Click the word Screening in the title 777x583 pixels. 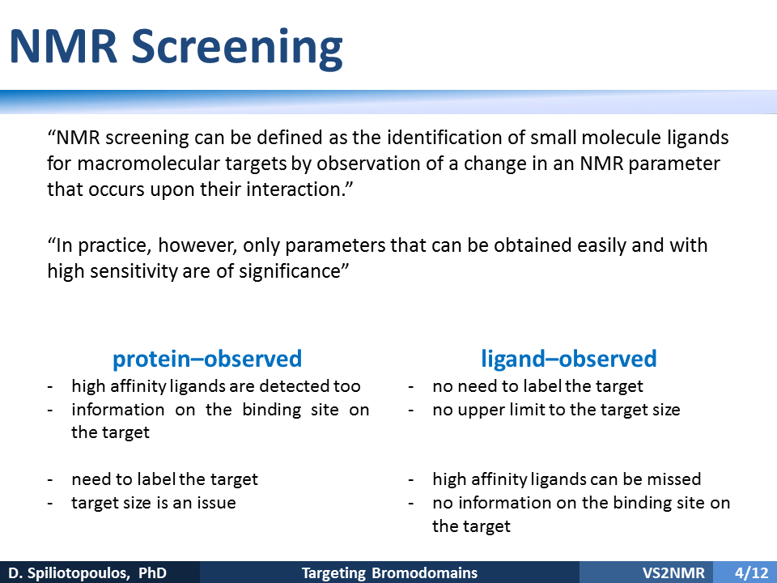coord(237,48)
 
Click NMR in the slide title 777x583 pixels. coord(63,47)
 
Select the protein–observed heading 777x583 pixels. coord(207,359)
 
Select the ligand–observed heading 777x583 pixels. coord(569,359)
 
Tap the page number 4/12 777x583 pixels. coord(751,572)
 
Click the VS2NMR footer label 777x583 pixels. coord(673,572)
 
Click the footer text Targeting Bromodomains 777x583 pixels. coord(389,573)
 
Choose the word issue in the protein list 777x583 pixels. coord(217,503)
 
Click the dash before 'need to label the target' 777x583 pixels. coord(50,480)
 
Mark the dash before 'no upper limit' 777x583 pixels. coord(411,411)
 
